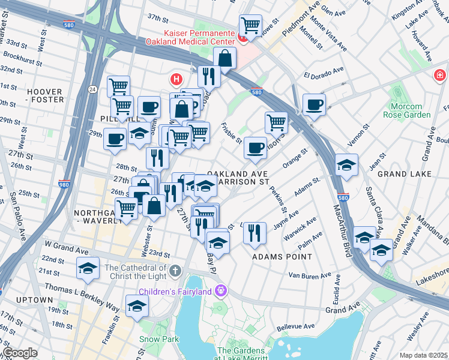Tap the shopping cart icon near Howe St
(250, 26)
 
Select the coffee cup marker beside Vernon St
(314, 105)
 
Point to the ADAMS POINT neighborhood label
(282, 256)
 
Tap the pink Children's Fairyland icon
(221, 291)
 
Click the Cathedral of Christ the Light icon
(175, 271)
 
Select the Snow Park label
(159, 339)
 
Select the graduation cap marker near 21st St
(88, 268)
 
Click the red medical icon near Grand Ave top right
(440, 76)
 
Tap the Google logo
(20, 353)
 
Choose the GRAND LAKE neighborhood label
(406, 173)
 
